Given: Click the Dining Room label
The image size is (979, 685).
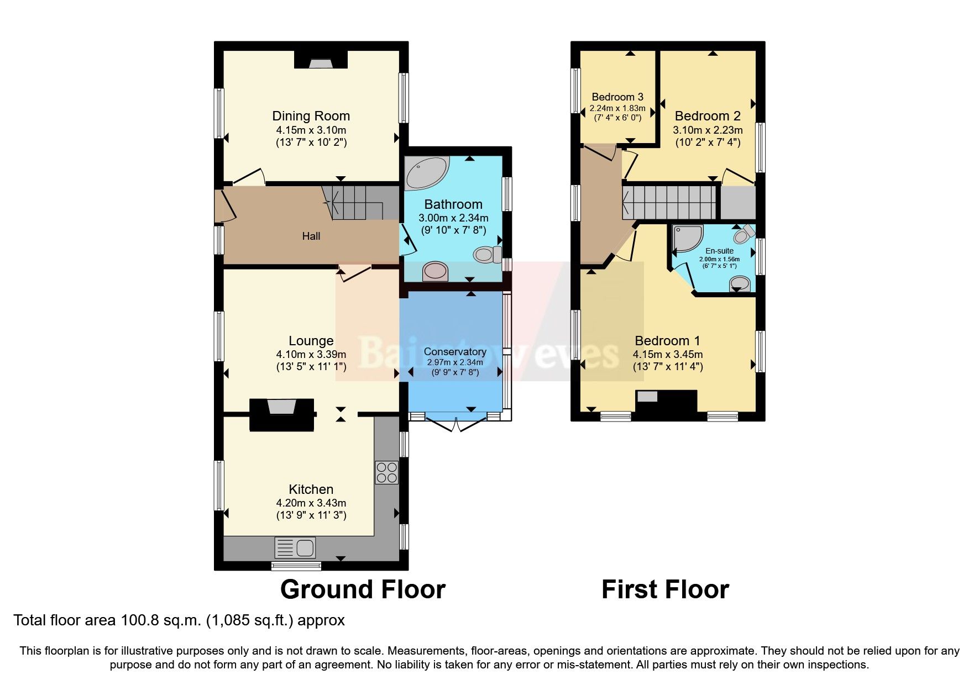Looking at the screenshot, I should pyautogui.click(x=311, y=116).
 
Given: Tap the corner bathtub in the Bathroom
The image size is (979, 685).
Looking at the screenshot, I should pyautogui.click(x=426, y=172).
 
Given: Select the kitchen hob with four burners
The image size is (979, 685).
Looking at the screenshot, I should pyautogui.click(x=386, y=472).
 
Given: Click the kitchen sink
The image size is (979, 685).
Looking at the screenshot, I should pyautogui.click(x=295, y=547).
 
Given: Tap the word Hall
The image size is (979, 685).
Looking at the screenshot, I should pyautogui.click(x=311, y=236).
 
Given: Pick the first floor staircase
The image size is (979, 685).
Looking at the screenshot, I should pyautogui.click(x=669, y=202).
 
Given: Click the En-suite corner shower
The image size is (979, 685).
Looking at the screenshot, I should pyautogui.click(x=687, y=239).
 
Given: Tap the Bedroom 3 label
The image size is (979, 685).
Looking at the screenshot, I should pyautogui.click(x=617, y=97).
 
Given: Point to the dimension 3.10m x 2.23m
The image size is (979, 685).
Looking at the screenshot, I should pyautogui.click(x=708, y=130).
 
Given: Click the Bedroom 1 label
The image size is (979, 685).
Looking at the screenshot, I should pyautogui.click(x=667, y=341).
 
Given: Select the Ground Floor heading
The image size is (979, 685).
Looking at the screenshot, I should pyautogui.click(x=363, y=589).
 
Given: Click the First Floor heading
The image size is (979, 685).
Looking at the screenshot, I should pyautogui.click(x=665, y=589).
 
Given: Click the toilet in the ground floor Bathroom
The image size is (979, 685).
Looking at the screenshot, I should pyautogui.click(x=487, y=255).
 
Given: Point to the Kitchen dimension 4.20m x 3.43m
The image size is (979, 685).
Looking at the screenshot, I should pyautogui.click(x=311, y=503).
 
